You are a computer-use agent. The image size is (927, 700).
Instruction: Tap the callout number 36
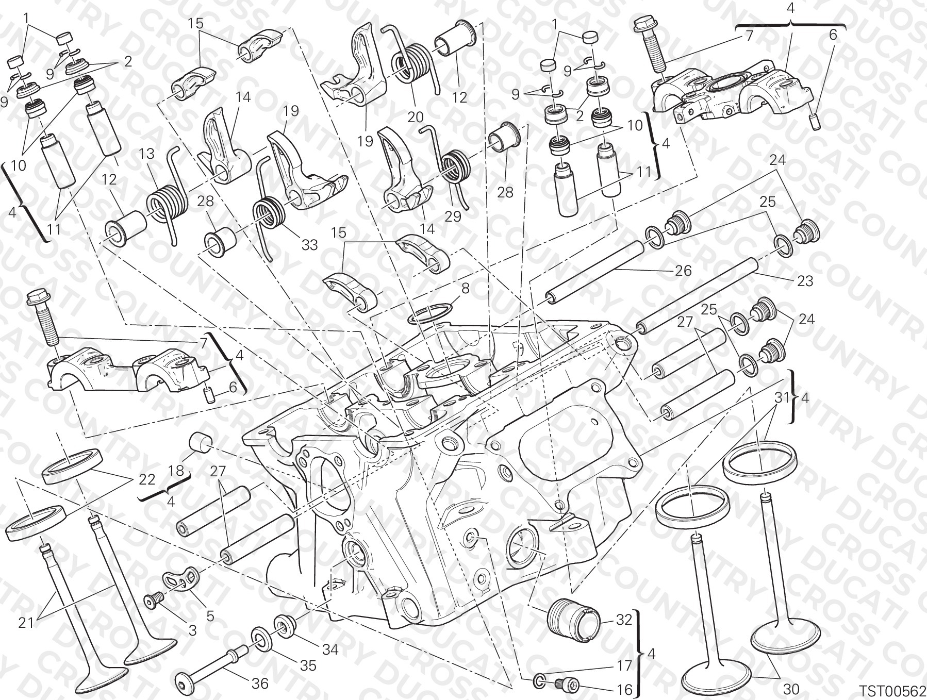click(260, 684)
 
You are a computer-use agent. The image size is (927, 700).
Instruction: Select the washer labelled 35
click(262, 640)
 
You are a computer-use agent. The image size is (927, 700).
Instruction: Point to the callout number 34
click(329, 649)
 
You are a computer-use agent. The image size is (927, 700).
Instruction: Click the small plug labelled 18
click(201, 442)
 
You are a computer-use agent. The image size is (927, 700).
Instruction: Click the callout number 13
click(146, 154)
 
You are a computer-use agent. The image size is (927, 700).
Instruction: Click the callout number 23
click(804, 280)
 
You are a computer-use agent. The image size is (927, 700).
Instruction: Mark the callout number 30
click(792, 689)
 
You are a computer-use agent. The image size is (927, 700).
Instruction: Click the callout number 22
click(147, 479)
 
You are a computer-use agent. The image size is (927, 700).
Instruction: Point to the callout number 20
click(415, 116)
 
